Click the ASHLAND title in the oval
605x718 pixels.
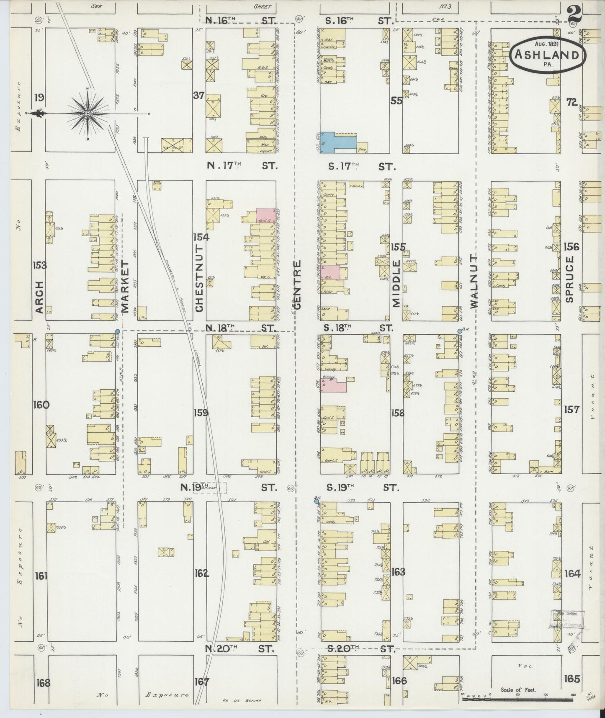click(547, 55)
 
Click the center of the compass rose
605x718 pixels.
click(88, 114)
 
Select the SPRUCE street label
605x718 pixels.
click(568, 279)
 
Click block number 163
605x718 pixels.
click(399, 571)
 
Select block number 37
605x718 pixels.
click(198, 96)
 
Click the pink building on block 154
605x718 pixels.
click(266, 215)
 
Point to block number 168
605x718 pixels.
click(43, 682)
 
